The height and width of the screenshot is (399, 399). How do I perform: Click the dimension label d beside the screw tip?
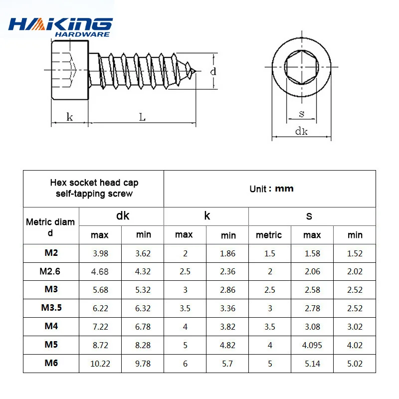tap(213, 71)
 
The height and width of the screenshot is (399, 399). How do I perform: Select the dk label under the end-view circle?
tap(301, 131)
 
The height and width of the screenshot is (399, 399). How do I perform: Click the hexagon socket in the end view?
tap(301, 67)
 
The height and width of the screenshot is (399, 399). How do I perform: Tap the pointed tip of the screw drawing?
tap(196, 71)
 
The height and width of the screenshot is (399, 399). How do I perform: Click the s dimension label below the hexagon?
tap(301, 114)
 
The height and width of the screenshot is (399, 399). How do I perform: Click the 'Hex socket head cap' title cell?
tap(94, 188)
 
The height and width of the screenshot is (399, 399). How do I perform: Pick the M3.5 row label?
tap(51, 308)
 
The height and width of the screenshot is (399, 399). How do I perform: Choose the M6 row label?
tap(51, 363)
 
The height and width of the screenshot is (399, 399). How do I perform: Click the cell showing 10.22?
tap(100, 364)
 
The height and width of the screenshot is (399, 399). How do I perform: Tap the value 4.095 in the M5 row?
tap(312, 345)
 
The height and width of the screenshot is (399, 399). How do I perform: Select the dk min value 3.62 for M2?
tap(143, 253)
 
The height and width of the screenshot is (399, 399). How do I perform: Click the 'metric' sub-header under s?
tap(269, 235)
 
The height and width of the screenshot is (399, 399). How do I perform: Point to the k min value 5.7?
tap(227, 364)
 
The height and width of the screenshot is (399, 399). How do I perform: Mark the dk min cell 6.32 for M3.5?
tap(143, 308)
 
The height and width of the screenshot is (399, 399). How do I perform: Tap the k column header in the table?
tap(206, 215)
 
